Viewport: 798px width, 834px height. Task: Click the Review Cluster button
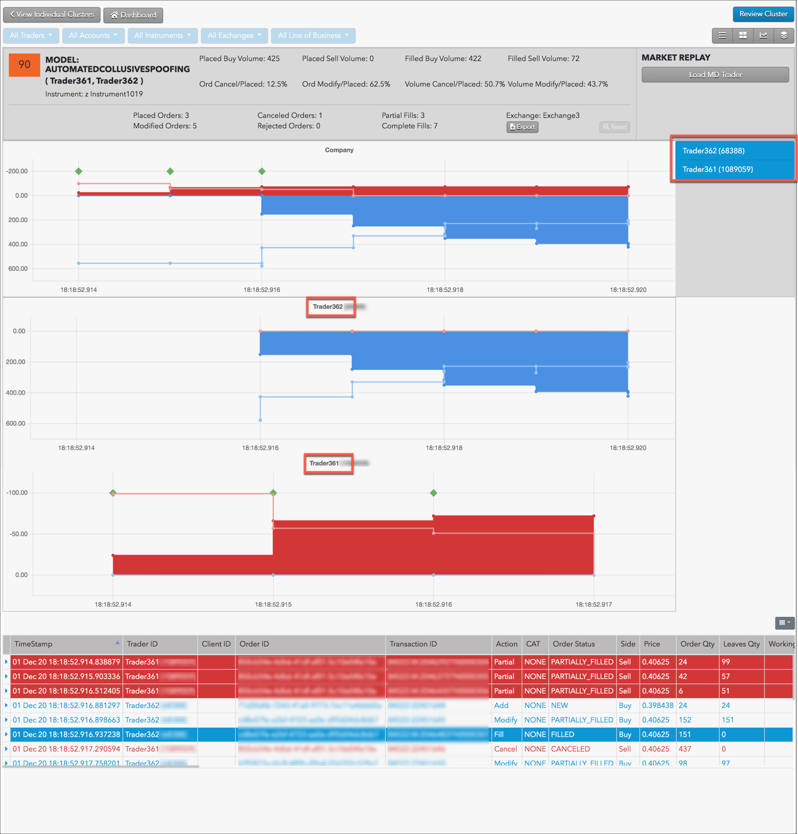[763, 14]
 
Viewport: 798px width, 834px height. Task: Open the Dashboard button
[133, 15]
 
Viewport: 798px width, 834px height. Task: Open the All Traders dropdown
[31, 35]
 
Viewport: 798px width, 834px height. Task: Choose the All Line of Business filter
[313, 35]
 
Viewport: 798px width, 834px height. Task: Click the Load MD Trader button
[715, 75]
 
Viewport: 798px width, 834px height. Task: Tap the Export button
[522, 127]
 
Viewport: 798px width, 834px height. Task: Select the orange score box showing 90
[24, 65]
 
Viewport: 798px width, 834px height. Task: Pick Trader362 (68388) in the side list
[713, 151]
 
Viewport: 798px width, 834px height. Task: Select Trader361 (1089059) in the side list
[717, 169]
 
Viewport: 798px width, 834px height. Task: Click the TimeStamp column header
[34, 644]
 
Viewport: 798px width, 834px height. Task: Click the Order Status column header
[573, 644]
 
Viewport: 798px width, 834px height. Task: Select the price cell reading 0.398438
[658, 706]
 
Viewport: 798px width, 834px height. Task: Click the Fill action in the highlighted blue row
[499, 735]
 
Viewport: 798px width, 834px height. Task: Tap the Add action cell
[501, 706]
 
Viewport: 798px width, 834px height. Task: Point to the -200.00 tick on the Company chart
[17, 171]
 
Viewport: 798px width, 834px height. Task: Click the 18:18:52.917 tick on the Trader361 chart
[594, 605]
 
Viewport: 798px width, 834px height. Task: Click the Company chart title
[339, 150]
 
